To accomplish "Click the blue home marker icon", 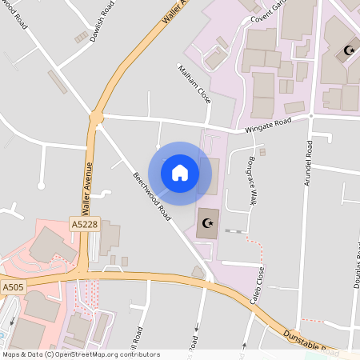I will [x=179, y=172].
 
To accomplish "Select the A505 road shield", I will [x=13, y=286].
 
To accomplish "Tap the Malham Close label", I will [x=194, y=84].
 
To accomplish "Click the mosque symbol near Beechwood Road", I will [x=209, y=223].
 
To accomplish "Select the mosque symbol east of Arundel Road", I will [x=348, y=51].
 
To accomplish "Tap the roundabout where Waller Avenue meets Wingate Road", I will [x=96, y=119].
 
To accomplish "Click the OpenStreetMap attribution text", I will [x=80, y=354].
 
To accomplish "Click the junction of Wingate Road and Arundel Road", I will [x=310, y=117].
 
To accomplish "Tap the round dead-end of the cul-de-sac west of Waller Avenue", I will [x=41, y=186].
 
